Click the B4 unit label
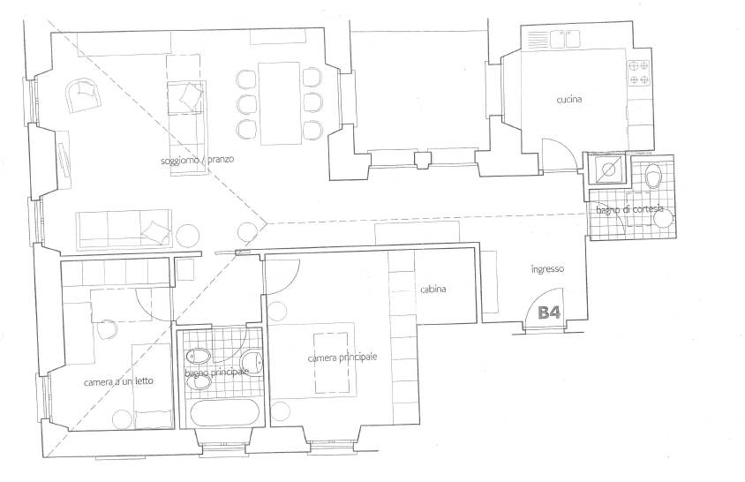tap(549, 313)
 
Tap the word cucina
tap(568, 100)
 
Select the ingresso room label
tap(547, 269)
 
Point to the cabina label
tap(433, 289)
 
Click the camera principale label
tap(342, 357)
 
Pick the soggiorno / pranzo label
tap(197, 160)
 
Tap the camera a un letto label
tap(118, 381)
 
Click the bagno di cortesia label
tap(629, 209)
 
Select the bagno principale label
tap(216, 373)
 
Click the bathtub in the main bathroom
tap(225, 412)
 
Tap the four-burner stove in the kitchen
tap(639, 72)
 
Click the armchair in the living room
tap(83, 95)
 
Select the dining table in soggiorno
tap(279, 103)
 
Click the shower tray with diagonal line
tap(607, 169)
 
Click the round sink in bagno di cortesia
tap(663, 220)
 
